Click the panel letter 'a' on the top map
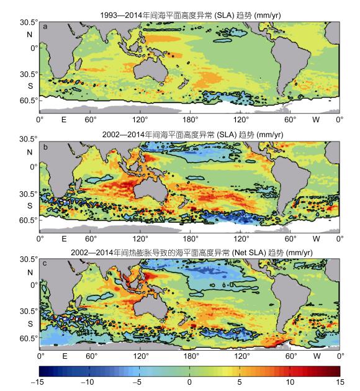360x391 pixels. pos(45,27)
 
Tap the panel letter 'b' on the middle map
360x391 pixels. pos(45,147)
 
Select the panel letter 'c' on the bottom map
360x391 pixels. pos(45,263)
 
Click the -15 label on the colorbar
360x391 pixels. pos(37,382)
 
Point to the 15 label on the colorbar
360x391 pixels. pos(340,382)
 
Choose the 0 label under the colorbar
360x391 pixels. pos(189,382)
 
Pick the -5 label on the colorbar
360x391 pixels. pos(137,382)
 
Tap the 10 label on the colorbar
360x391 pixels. pos(290,382)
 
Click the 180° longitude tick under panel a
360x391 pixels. pos(190,120)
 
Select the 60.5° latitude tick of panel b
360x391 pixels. pos(29,220)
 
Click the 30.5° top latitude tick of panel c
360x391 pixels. pos(29,259)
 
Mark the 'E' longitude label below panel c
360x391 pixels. pos(65,356)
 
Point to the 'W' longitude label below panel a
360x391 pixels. pos(316,120)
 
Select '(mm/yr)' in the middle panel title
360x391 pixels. pos(270,135)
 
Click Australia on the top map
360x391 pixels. pos(150,70)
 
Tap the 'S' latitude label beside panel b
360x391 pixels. pos(30,205)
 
